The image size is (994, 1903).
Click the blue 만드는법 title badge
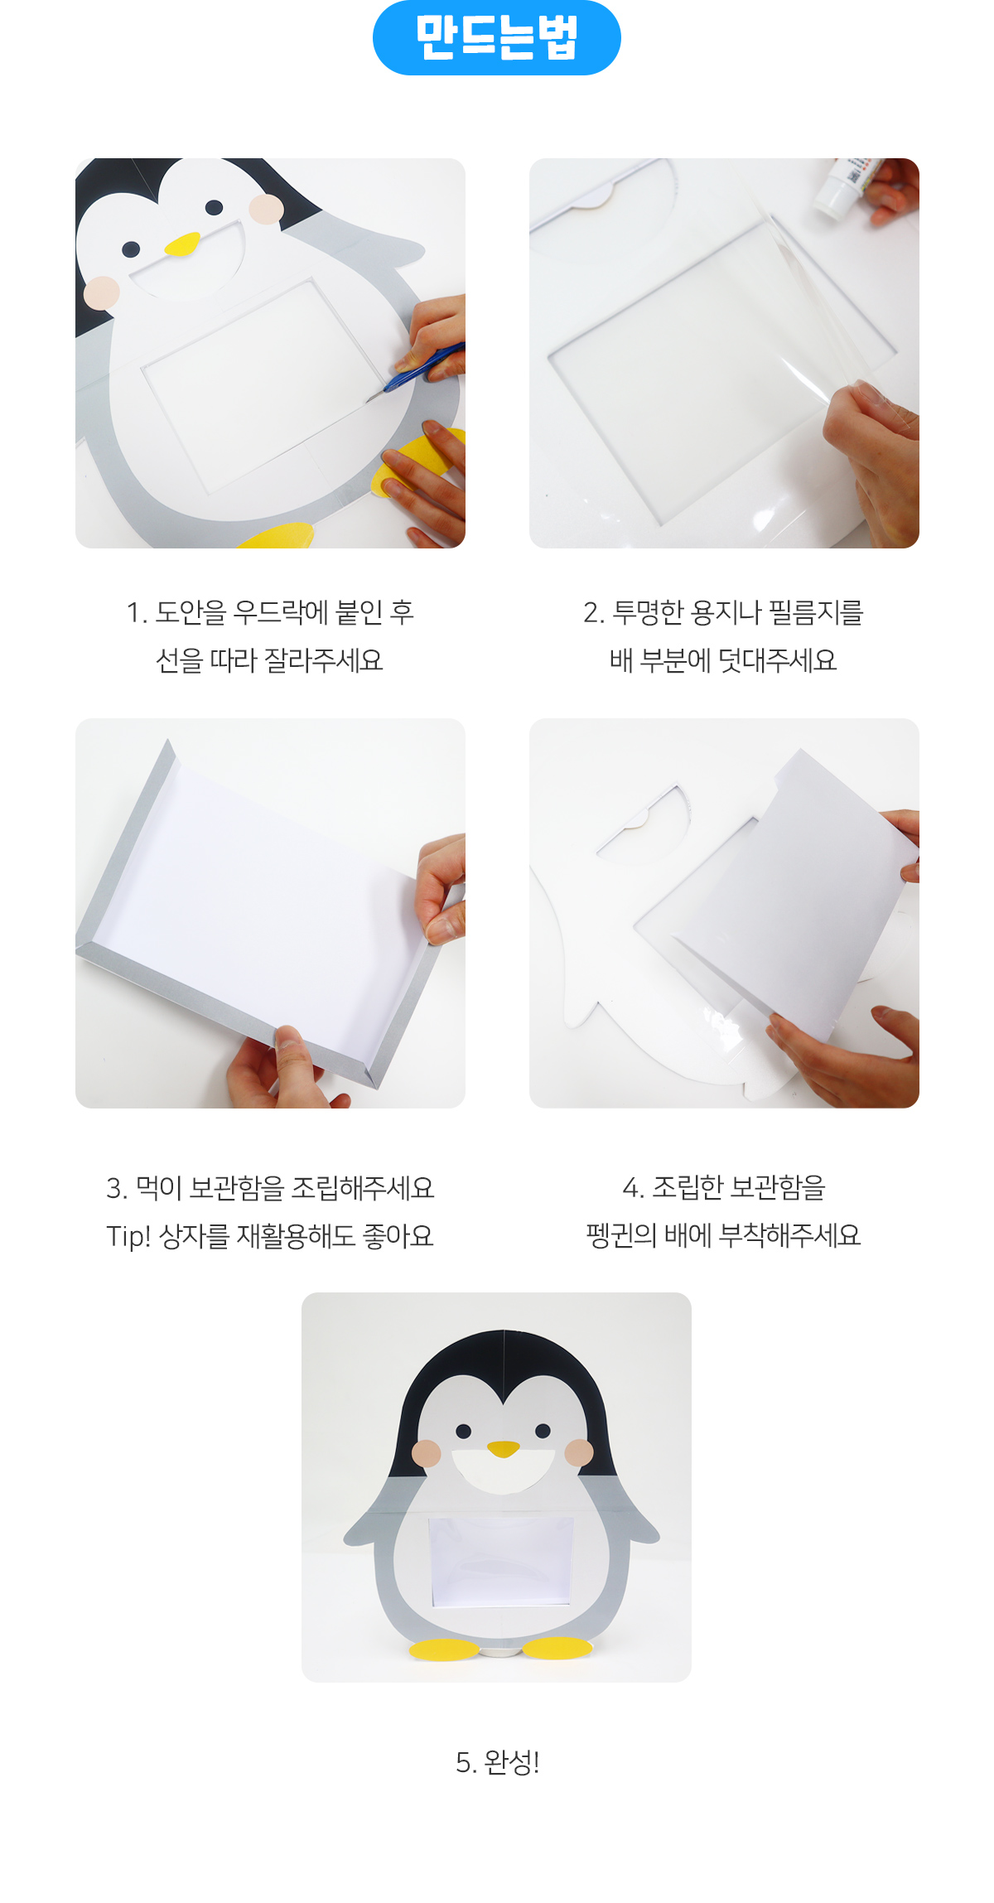coord(497,37)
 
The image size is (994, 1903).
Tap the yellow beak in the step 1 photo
coord(182,244)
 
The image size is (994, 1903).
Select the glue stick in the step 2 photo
coord(841,186)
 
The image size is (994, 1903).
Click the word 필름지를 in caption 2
coord(817,612)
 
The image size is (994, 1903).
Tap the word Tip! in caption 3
coord(128,1236)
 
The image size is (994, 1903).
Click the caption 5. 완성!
coord(498,1762)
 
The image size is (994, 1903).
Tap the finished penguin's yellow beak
coord(503,1448)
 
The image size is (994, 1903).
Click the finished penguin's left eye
coord(463,1431)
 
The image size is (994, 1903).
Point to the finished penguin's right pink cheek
coord(579,1452)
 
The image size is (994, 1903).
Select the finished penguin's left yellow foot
coord(444,1649)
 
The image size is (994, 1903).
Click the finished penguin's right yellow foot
coord(557,1647)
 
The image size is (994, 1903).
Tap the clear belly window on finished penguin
coord(499,1562)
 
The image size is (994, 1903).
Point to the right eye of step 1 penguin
coord(214,207)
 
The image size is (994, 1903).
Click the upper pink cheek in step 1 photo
coord(266,209)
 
